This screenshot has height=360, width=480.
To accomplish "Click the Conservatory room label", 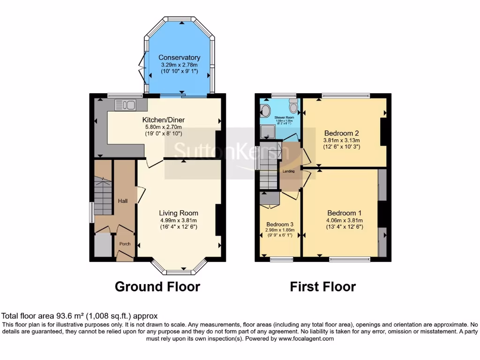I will (180, 58).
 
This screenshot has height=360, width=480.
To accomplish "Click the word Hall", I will (123, 201).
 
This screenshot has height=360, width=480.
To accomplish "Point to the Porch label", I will (125, 244).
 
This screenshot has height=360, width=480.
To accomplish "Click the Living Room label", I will (178, 213).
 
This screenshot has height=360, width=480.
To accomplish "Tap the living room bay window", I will (179, 269).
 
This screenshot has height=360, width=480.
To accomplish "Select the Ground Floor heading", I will (157, 286).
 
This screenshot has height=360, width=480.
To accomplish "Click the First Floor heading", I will (323, 286).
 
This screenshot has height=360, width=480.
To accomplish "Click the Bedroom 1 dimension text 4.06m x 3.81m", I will (345, 220).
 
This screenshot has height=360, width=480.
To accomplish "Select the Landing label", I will (289, 171).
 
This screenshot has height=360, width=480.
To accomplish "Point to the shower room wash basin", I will (265, 112).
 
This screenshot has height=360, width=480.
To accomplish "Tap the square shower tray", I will (267, 133).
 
